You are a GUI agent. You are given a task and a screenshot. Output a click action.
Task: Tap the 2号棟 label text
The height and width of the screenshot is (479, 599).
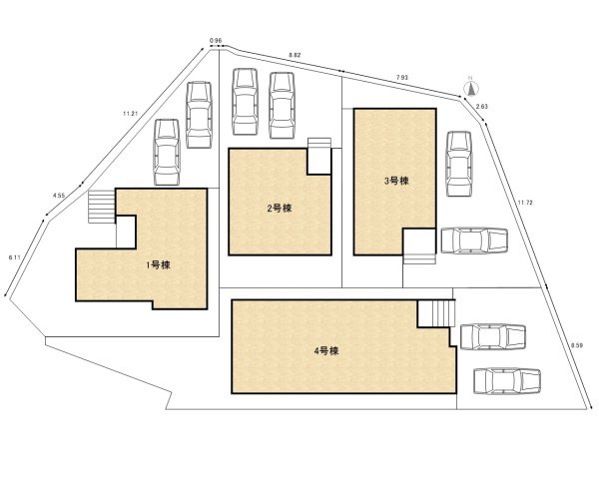point(279,209)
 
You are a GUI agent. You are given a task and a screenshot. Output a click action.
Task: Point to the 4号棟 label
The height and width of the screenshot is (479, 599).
point(327,351)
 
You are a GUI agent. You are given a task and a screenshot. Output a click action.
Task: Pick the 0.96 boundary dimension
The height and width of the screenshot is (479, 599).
point(216,41)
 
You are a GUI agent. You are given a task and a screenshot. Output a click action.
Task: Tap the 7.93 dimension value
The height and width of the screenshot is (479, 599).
point(401,77)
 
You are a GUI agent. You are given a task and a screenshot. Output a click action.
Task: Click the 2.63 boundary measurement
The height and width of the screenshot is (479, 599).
point(482,106)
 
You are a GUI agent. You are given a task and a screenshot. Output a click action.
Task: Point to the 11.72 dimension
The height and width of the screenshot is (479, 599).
point(524,203)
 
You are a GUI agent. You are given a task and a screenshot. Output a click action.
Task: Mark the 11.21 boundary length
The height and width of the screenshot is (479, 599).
point(129,114)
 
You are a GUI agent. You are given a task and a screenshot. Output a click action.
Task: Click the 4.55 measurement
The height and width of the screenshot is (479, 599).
point(58,197)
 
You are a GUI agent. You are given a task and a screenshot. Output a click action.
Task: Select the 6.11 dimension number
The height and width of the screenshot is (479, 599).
point(14,257)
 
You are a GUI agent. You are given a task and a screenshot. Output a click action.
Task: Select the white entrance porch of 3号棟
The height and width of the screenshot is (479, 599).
point(419,242)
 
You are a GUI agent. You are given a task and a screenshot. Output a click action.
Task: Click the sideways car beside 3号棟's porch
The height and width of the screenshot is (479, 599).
point(473,241)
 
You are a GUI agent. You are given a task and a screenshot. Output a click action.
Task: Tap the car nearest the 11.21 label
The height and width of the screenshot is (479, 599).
point(168,152)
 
